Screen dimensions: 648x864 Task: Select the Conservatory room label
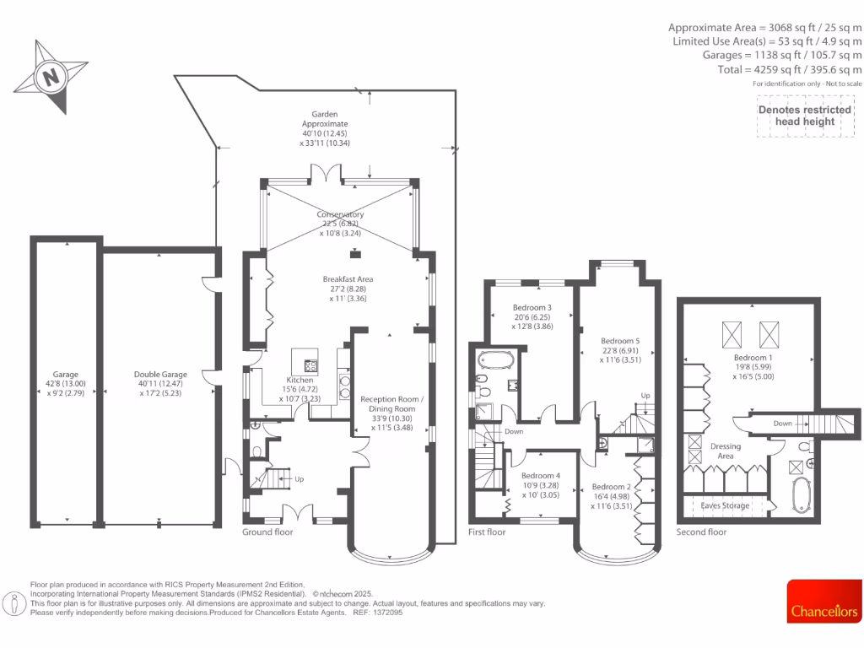click(340, 215)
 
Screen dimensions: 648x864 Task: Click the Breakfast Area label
click(348, 279)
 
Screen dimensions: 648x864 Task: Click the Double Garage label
click(160, 375)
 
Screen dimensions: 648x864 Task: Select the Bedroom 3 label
click(532, 307)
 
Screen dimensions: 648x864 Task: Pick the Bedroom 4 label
click(541, 476)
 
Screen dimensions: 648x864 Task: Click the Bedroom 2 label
click(612, 487)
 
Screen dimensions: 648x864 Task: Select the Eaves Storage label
click(726, 506)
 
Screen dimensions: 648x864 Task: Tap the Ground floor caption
click(268, 532)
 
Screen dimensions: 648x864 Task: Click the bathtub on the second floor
click(801, 495)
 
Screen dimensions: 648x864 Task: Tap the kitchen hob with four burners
click(310, 366)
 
